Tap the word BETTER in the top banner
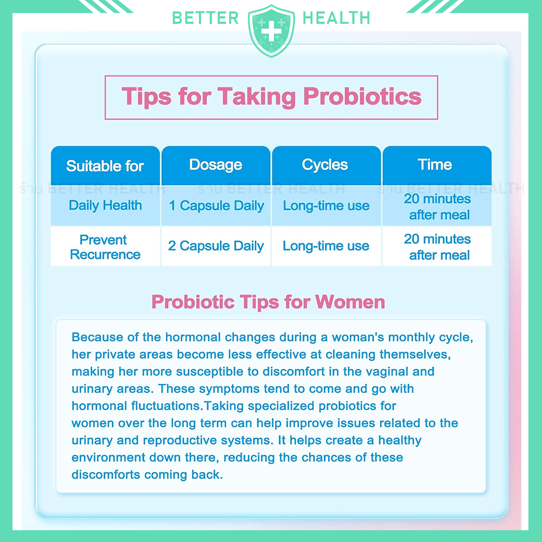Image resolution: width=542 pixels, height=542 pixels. click(x=205, y=18)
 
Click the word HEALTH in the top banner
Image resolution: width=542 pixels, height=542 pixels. click(x=337, y=18)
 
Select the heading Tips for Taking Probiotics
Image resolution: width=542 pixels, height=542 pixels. click(x=272, y=97)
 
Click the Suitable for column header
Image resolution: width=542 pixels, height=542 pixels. click(x=105, y=166)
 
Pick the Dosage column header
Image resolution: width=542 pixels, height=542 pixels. click(x=216, y=165)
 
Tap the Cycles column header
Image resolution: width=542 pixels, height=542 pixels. click(x=325, y=165)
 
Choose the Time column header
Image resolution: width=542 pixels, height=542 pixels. click(x=435, y=165)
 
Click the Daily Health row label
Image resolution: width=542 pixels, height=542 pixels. click(x=105, y=205)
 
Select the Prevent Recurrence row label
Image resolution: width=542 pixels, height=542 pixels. click(x=105, y=247)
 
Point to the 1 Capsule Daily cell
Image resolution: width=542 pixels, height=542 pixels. click(x=216, y=206)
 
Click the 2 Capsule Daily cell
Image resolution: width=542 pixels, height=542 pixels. click(x=216, y=246)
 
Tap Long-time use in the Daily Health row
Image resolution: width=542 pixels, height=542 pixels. click(x=326, y=206)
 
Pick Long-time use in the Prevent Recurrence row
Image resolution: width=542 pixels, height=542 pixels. click(x=326, y=246)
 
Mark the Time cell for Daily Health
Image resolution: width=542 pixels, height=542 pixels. click(x=437, y=207)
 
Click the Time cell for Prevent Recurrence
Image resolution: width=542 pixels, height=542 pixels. click(x=437, y=247)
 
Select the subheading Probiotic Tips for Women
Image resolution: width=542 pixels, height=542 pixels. click(x=268, y=302)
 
